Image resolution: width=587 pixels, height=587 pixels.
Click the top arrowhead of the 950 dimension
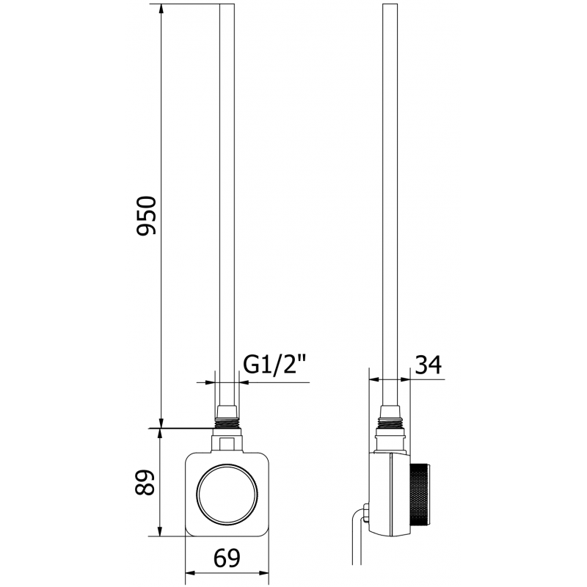[160, 9]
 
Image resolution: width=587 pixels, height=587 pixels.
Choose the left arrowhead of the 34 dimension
[371, 379]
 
